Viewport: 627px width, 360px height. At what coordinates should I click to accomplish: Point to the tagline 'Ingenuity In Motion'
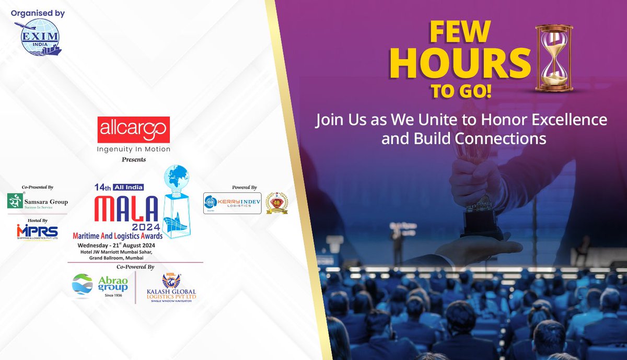click(x=134, y=149)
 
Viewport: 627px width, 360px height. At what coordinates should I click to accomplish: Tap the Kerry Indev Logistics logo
click(x=232, y=203)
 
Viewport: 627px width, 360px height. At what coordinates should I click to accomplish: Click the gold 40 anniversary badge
click(x=276, y=203)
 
